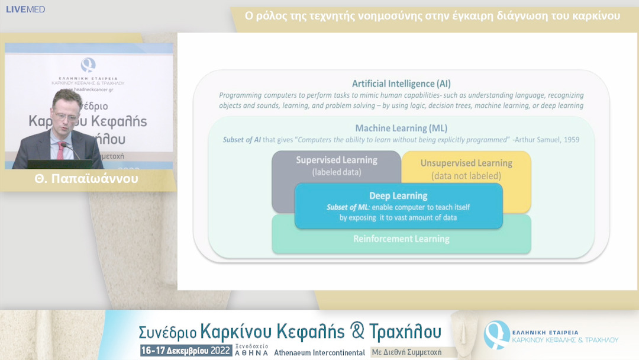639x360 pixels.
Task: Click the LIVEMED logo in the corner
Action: pos(25,9)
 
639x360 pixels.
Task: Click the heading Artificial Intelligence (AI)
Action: pos(401,83)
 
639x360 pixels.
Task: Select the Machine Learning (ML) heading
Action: pos(401,128)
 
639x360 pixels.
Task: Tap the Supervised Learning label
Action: pos(336,160)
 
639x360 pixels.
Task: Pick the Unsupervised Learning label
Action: pos(466,163)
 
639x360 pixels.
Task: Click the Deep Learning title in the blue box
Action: pos(398,196)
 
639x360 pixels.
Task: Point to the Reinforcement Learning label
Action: pos(401,239)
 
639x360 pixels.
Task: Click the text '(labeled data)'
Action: pos(336,172)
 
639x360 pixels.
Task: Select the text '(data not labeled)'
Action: pos(466,176)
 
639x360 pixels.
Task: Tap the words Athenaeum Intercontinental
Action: pos(319,352)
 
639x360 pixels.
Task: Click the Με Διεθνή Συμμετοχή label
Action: pos(406,352)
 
